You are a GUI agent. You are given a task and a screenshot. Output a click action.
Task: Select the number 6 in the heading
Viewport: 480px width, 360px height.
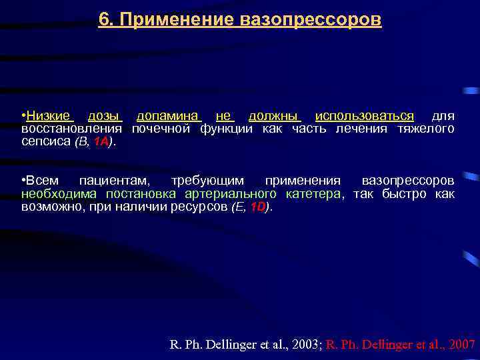(103, 20)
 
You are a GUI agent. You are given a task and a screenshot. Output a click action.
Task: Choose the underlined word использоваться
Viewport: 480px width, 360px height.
(365, 116)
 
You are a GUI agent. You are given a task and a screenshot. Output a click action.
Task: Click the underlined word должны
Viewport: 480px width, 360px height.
(275, 116)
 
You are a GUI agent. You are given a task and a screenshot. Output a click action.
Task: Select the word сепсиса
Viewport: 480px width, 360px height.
(44, 141)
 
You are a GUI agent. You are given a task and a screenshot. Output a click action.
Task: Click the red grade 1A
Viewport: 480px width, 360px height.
(101, 141)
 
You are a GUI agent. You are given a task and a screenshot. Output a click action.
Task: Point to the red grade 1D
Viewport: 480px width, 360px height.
(257, 207)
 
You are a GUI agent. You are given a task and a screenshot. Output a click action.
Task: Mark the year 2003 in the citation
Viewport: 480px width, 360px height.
(306, 345)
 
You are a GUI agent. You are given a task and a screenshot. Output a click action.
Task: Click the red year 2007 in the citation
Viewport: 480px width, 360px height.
(462, 345)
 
